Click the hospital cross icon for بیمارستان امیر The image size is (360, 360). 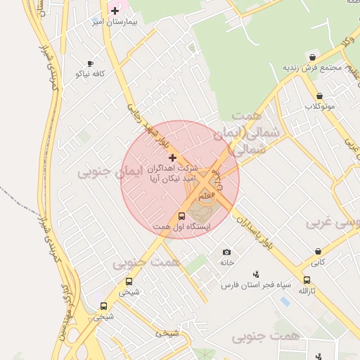point(115,11)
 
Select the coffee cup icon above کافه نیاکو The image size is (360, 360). point(89,63)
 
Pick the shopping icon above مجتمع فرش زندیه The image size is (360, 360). point(312,58)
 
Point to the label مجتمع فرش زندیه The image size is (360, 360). point(312,68)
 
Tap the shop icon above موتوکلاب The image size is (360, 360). point(319,96)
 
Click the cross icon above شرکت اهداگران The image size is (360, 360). point(173,157)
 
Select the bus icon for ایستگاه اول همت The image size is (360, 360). point(182,216)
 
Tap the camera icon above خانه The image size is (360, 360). point(226,252)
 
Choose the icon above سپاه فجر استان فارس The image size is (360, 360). point(256,274)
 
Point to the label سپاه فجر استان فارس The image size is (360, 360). point(256,285)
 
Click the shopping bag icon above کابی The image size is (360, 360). point(319,251)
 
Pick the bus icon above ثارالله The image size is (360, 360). point(304,280)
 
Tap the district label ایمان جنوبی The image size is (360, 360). point(110,172)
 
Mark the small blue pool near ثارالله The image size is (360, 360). point(285,301)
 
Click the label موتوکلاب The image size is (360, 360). point(319,106)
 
